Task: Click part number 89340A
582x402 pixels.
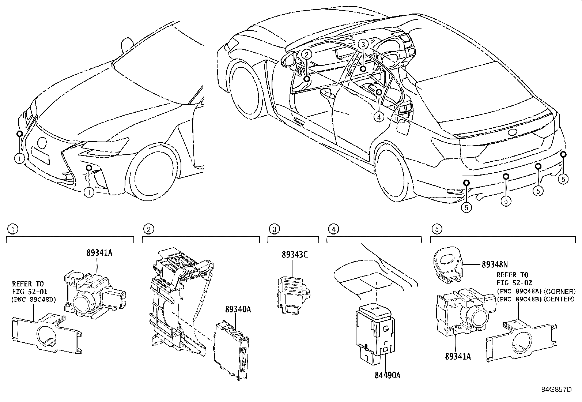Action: (x=238, y=309)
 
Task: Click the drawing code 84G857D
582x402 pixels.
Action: (x=556, y=389)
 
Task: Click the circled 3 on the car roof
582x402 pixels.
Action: (x=362, y=45)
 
